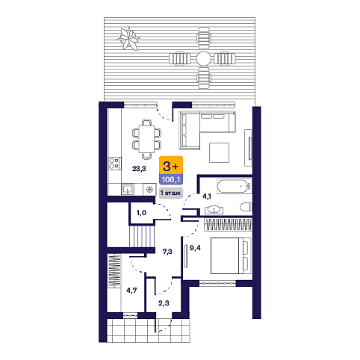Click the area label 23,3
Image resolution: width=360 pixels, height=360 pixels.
139,169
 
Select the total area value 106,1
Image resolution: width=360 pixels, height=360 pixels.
171,179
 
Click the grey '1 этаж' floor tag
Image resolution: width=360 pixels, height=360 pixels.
171,193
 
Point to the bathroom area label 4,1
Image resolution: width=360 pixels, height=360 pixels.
207,196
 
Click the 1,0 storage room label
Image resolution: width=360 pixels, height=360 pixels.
141,213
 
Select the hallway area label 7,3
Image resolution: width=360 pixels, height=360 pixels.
167,252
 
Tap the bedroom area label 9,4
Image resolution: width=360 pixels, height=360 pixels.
195,248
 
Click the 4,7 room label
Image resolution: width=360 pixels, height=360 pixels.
131,290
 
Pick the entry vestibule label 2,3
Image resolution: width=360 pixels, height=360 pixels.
164,302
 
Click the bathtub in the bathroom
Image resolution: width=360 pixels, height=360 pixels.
234,186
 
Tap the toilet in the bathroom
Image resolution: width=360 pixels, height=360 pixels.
246,207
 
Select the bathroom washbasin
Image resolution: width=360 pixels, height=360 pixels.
214,210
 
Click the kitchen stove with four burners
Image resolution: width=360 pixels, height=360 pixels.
114,164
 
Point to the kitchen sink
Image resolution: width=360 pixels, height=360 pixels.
128,190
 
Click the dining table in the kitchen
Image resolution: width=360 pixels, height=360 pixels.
146,139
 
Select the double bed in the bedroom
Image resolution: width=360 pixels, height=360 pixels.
231,255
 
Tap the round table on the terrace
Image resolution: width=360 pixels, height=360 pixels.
203,58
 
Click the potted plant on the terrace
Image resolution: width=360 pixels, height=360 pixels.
128,39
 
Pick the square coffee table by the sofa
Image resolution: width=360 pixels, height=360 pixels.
219,152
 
